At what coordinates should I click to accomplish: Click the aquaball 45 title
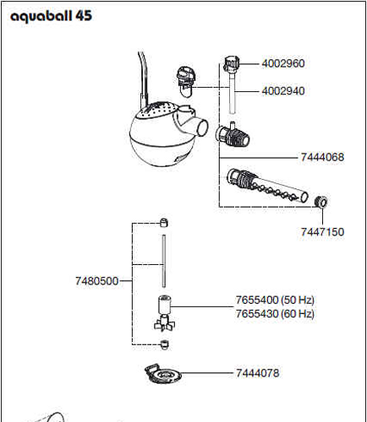pos(51,16)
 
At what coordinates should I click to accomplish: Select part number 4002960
pos(283,63)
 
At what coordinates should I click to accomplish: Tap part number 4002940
pos(283,91)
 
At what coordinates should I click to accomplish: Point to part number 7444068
pos(322,157)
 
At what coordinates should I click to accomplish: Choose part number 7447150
pos(322,232)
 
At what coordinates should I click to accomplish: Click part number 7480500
pos(96,281)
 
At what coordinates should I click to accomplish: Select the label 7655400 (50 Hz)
pos(275,300)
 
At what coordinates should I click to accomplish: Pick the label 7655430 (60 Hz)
pos(275,313)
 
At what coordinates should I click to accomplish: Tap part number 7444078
pos(258,373)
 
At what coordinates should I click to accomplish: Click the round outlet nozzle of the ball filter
pos(201,127)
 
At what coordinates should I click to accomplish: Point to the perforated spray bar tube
pos(267,186)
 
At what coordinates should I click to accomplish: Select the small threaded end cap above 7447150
pos(321,202)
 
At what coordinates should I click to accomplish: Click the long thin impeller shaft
pos(164,261)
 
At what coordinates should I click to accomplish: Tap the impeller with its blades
pos(164,313)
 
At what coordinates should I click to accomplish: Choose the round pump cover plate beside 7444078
pos(162,374)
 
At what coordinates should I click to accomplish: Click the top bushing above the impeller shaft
pos(164,223)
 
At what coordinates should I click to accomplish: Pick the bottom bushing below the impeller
pos(164,344)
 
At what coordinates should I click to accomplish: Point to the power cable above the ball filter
pos(144,79)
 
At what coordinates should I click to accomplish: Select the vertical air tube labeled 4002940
pos(232,92)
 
